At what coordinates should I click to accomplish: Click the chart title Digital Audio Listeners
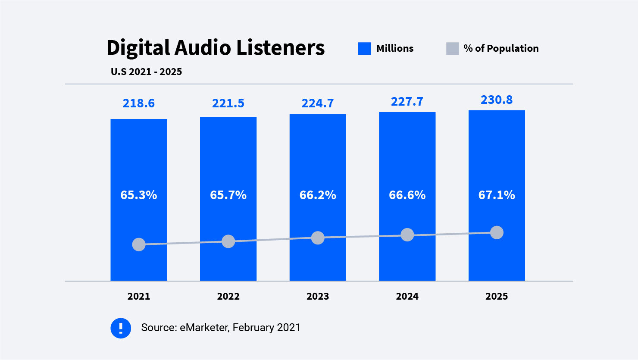[216, 47]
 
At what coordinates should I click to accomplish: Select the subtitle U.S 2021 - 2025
[146, 72]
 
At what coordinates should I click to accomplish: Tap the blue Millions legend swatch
[364, 49]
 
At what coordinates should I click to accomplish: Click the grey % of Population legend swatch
[452, 49]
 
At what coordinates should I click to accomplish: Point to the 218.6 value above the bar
[138, 103]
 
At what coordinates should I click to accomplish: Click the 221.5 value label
[228, 103]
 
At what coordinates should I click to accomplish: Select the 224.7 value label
[318, 103]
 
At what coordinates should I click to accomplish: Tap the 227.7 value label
[407, 102]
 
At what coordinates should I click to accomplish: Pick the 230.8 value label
[497, 100]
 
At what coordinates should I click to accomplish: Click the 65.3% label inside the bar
[138, 195]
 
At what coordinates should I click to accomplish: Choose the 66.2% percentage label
[318, 195]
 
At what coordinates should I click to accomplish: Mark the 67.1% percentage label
[497, 195]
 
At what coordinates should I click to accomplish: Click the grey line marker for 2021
[139, 244]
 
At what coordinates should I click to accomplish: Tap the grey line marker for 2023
[318, 238]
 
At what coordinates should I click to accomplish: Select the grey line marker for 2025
[497, 232]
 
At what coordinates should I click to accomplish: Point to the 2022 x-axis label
[228, 297]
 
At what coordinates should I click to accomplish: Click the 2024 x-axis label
[407, 297]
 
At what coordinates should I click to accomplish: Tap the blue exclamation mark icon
[121, 328]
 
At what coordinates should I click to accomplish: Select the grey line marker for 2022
[228, 241]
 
